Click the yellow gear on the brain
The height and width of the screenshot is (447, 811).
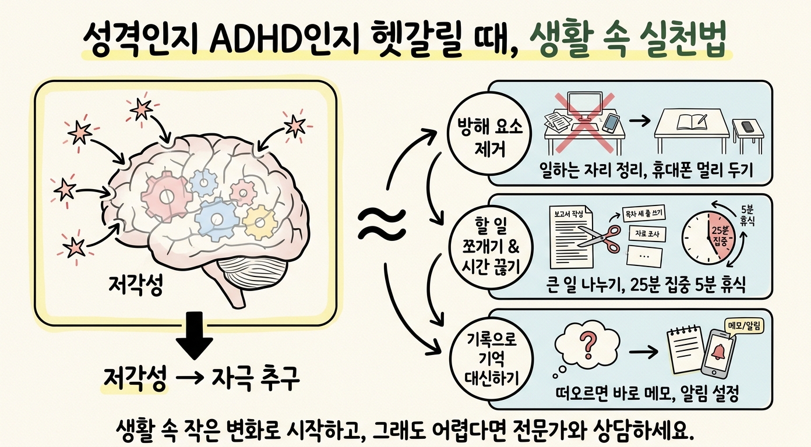coord(260,222)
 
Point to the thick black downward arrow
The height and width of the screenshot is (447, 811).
coord(195,335)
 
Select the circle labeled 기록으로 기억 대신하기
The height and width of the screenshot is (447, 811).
coord(491,359)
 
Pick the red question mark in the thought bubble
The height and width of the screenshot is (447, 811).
coord(588,345)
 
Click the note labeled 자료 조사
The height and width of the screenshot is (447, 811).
coord(647,233)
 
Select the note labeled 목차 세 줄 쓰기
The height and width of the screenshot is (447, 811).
coord(643,214)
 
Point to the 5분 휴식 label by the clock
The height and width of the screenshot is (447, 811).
coord(747,215)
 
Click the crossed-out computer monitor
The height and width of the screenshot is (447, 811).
coord(584,107)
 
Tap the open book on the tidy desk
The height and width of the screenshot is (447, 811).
coord(692,122)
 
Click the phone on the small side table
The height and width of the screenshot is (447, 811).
coord(747,126)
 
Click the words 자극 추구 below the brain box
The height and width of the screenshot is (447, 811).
coord(256,379)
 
